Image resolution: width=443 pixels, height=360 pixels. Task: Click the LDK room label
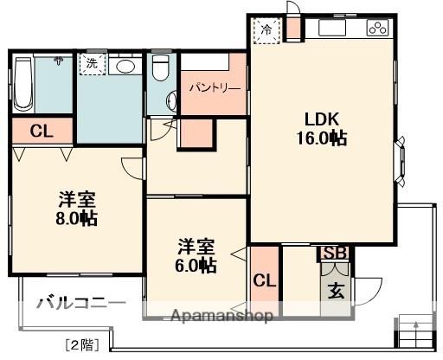tap(319, 119)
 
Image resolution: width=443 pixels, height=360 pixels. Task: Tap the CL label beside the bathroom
tap(40, 132)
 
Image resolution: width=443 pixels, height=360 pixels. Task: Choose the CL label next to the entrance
tap(265, 281)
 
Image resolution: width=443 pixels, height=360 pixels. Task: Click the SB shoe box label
tap(335, 253)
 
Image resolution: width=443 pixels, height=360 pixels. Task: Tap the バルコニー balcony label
tap(76, 304)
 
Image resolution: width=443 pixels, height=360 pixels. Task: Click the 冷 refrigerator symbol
tap(266, 29)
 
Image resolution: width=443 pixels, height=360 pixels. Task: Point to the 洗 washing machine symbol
tap(90, 63)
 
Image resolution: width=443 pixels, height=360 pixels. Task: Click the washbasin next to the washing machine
tap(126, 65)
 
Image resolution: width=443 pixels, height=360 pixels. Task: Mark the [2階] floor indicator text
tap(81, 344)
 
